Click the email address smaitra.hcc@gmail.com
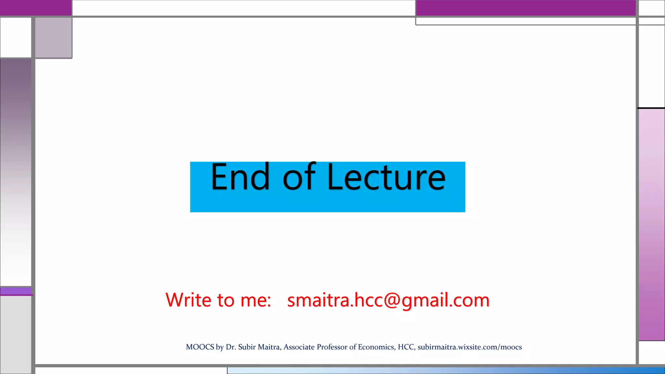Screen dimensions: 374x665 pos(388,300)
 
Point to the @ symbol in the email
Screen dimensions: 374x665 pos(392,300)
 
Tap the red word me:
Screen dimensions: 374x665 pos(256,301)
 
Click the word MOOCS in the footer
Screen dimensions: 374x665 pos(200,347)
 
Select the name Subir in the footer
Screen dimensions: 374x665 pos(247,347)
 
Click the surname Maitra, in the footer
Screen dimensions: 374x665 pos(270,347)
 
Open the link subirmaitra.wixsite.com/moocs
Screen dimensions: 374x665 pos(470,347)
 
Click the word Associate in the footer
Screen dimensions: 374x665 pos(299,347)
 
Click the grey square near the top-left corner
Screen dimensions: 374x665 pos(54,38)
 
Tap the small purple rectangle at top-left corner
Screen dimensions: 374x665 pos(35,7)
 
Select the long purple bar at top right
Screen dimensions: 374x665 pos(525,7)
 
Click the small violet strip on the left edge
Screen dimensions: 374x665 pos(16,291)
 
